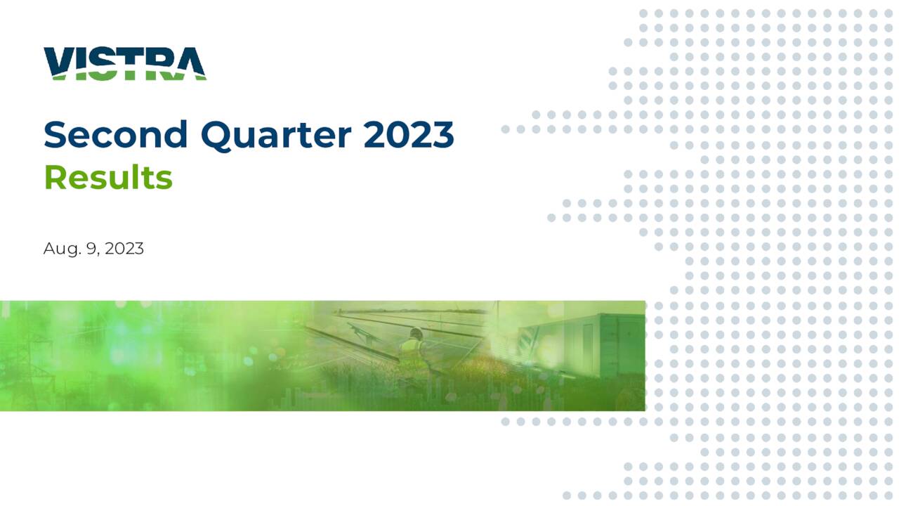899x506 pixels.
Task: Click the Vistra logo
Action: pos(124,63)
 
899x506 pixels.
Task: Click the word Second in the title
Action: pos(115,134)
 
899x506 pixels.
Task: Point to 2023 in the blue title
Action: pos(408,134)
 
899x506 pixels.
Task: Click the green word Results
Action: pos(107,178)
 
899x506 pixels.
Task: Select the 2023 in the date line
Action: pos(124,248)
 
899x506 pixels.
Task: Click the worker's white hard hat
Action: pos(416,332)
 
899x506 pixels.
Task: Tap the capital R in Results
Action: pos(55,178)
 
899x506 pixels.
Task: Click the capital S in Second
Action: pos(55,134)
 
